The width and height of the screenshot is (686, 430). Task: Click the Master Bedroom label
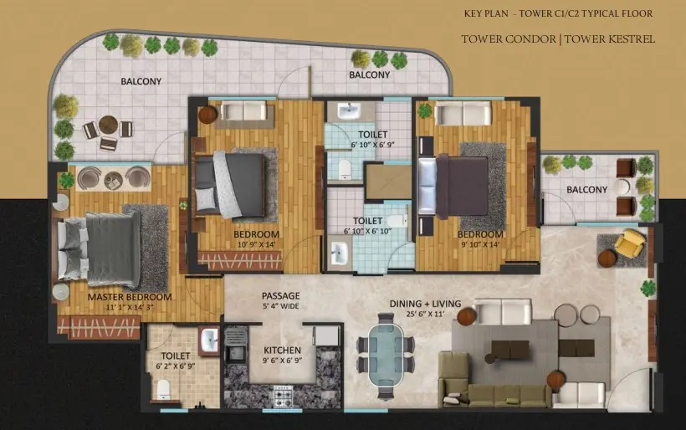coord(130,297)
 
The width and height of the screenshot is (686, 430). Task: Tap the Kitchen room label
coord(282,351)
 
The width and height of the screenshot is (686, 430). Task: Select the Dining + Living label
coord(425,304)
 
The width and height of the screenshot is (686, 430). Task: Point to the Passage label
coord(281,295)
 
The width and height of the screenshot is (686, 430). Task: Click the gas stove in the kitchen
coord(283,397)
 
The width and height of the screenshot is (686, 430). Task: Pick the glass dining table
coord(385,355)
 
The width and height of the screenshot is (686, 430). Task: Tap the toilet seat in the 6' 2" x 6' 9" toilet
coord(163,389)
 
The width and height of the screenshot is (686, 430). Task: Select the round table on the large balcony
coord(108,125)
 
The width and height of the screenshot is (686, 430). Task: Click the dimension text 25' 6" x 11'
coord(425,314)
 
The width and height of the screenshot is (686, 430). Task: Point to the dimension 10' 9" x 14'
coord(256,244)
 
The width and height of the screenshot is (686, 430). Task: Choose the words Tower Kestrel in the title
coord(609,39)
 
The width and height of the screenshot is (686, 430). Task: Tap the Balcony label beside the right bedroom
coord(586,190)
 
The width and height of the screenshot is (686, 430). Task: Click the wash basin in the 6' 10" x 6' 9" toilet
coord(349,110)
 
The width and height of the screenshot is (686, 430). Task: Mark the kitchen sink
coord(235,352)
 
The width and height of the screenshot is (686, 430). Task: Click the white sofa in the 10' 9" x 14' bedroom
coord(243,110)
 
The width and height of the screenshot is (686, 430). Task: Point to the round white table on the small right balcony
coord(621,187)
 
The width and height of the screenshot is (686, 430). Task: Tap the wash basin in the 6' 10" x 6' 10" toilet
coord(338,253)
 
